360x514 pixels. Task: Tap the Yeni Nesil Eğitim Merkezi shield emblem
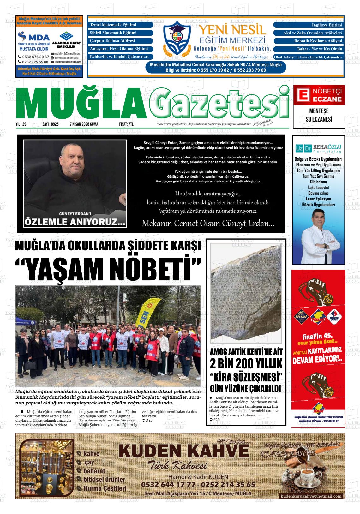(178, 37)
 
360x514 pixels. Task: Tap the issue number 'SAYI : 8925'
(51, 124)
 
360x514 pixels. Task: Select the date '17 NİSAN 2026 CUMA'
(83, 124)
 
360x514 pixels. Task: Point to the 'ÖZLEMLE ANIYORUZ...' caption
(75, 222)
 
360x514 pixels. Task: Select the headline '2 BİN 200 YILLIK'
(246, 364)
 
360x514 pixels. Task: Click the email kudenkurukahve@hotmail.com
(311, 496)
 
